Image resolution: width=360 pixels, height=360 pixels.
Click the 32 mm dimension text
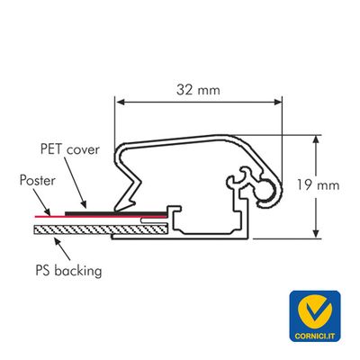click(198, 90)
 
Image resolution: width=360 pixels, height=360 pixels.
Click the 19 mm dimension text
click(319, 185)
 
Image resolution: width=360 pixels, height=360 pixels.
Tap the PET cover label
click(70, 149)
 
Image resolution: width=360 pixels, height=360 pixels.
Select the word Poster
click(38, 181)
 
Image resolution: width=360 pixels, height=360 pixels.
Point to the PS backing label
click(68, 271)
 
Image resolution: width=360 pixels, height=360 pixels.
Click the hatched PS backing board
click(101, 229)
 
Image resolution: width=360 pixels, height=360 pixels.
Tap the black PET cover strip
click(116, 213)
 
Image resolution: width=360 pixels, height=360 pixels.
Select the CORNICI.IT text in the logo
click(315, 336)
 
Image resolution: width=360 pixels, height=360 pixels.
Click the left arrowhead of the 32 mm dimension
click(121, 103)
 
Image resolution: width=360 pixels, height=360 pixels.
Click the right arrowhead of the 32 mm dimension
click(278, 103)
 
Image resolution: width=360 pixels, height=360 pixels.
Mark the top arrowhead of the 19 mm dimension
click(316, 139)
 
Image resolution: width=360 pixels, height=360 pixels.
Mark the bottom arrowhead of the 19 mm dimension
click(316, 234)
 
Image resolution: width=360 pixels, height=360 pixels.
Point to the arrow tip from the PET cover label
click(86, 208)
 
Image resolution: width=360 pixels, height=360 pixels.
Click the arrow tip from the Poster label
click(50, 215)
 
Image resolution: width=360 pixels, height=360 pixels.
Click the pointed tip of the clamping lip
click(114, 211)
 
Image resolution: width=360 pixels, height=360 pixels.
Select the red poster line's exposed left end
click(35, 216)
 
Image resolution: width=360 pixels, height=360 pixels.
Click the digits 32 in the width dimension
click(184, 90)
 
